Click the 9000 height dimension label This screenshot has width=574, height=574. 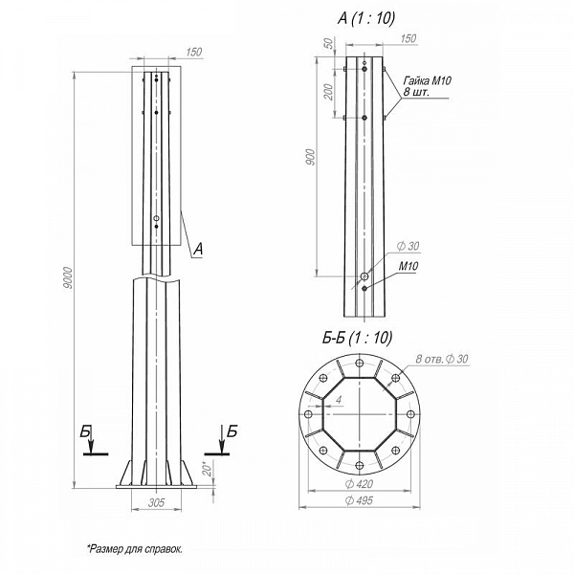[68, 277]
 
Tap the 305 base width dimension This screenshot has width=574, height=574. [156, 502]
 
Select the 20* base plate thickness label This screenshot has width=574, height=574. [208, 469]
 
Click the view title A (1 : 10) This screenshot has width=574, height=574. [366, 18]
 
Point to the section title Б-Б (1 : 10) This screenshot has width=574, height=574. [357, 338]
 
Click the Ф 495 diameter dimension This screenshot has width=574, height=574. [359, 500]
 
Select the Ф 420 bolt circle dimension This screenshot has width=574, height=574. [359, 484]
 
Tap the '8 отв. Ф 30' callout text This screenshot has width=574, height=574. [442, 359]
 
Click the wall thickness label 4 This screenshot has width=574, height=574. [339, 400]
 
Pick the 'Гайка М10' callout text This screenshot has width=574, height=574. [428, 80]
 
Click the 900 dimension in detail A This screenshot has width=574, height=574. [310, 157]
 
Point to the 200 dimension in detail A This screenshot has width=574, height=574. [329, 92]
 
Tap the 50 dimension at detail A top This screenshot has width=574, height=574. [329, 43]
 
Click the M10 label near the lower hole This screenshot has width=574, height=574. [408, 266]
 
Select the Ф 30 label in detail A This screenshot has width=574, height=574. [408, 246]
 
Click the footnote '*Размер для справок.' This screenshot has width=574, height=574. [135, 549]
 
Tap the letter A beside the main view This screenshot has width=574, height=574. [198, 250]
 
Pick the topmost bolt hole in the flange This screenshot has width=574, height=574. [360, 363]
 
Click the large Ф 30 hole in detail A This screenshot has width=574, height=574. [364, 276]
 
